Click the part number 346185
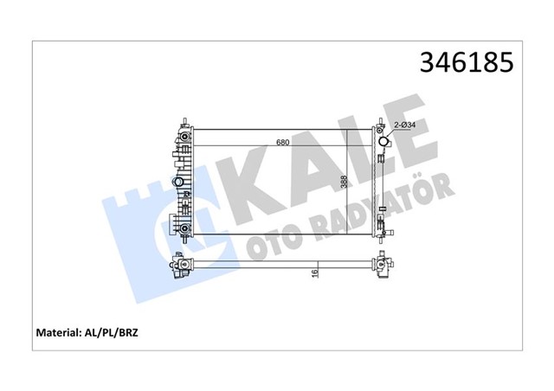click(x=467, y=64)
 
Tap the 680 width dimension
click(x=283, y=143)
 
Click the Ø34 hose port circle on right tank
click(x=383, y=143)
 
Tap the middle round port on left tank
click(x=179, y=183)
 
